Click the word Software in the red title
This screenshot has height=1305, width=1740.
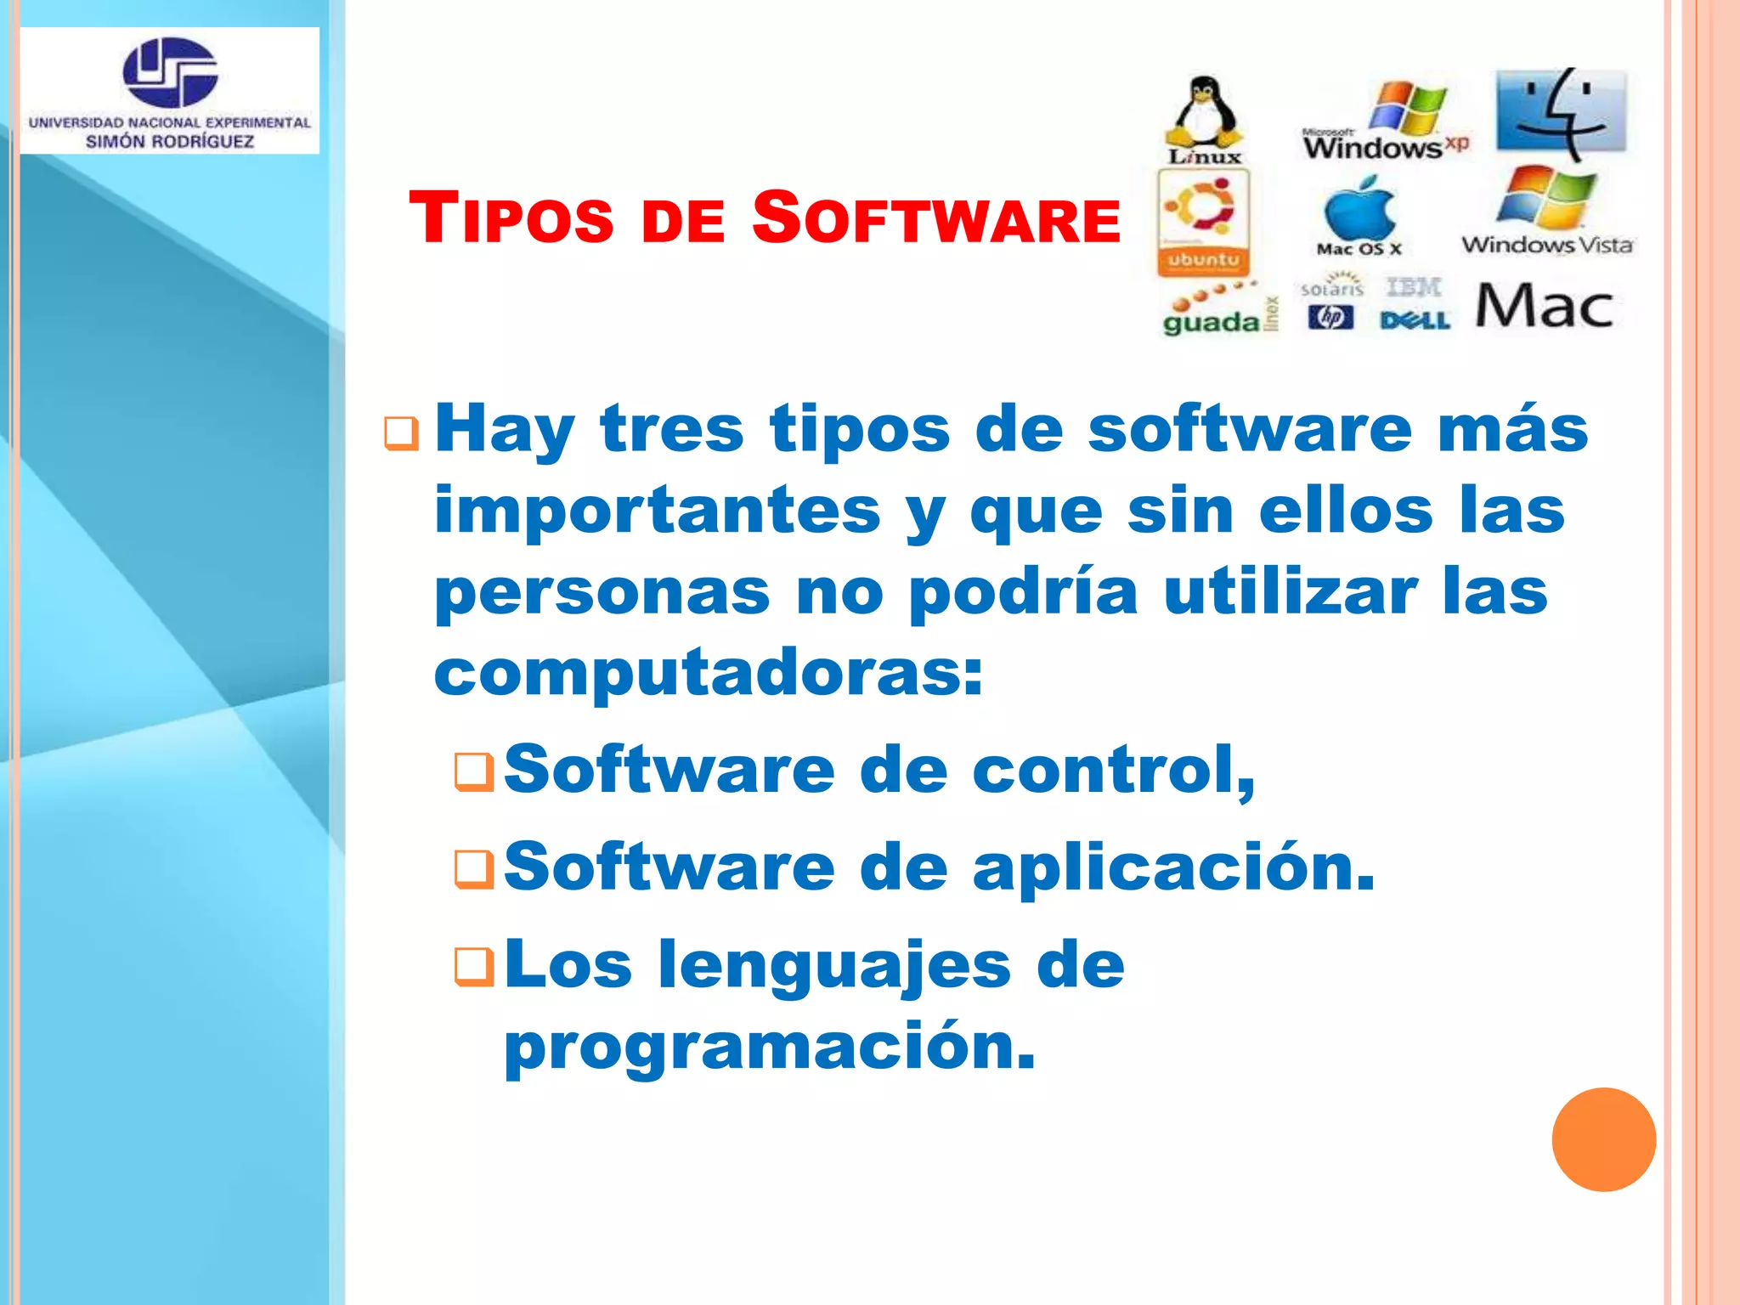click(x=935, y=217)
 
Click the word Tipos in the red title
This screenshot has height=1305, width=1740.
click(x=511, y=217)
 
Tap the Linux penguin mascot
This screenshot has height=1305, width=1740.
click(x=1204, y=112)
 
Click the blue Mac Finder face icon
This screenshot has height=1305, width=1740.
click(x=1562, y=113)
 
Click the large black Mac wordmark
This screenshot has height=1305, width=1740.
click(x=1544, y=307)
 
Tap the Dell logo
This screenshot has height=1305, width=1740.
click(x=1415, y=320)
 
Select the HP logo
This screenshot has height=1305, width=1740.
click(x=1330, y=318)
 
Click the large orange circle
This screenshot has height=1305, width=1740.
click(x=1603, y=1139)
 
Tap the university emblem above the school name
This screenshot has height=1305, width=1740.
click(x=170, y=72)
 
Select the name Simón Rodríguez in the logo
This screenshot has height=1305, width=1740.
click(x=170, y=142)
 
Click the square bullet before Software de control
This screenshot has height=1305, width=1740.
click(x=474, y=771)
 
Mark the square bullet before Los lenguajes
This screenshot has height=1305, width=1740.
click(x=474, y=967)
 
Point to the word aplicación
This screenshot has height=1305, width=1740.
click(x=1172, y=868)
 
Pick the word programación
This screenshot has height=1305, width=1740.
click(x=770, y=1048)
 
